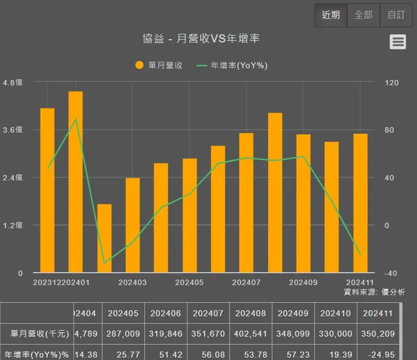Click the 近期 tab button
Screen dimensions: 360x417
pyautogui.click(x=331, y=15)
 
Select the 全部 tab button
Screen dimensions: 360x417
pyautogui.click(x=363, y=15)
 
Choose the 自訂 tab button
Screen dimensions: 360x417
pyautogui.click(x=396, y=15)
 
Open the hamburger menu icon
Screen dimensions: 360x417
pyautogui.click(x=398, y=41)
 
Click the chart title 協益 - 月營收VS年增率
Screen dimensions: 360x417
pyautogui.click(x=201, y=39)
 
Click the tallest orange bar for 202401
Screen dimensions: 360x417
pyautogui.click(x=75, y=181)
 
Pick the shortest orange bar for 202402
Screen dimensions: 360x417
pyautogui.click(x=104, y=238)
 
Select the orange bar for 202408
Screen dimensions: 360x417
pyautogui.click(x=275, y=193)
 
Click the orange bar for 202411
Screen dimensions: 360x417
pyautogui.click(x=360, y=203)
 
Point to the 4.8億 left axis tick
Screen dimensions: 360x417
pyautogui.click(x=12, y=83)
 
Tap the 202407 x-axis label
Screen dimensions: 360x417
pyautogui.click(x=246, y=282)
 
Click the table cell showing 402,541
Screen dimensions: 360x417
pyautogui.click(x=251, y=334)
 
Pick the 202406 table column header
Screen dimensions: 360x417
pyautogui.click(x=166, y=313)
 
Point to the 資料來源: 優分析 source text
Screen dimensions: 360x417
pyautogui.click(x=374, y=292)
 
